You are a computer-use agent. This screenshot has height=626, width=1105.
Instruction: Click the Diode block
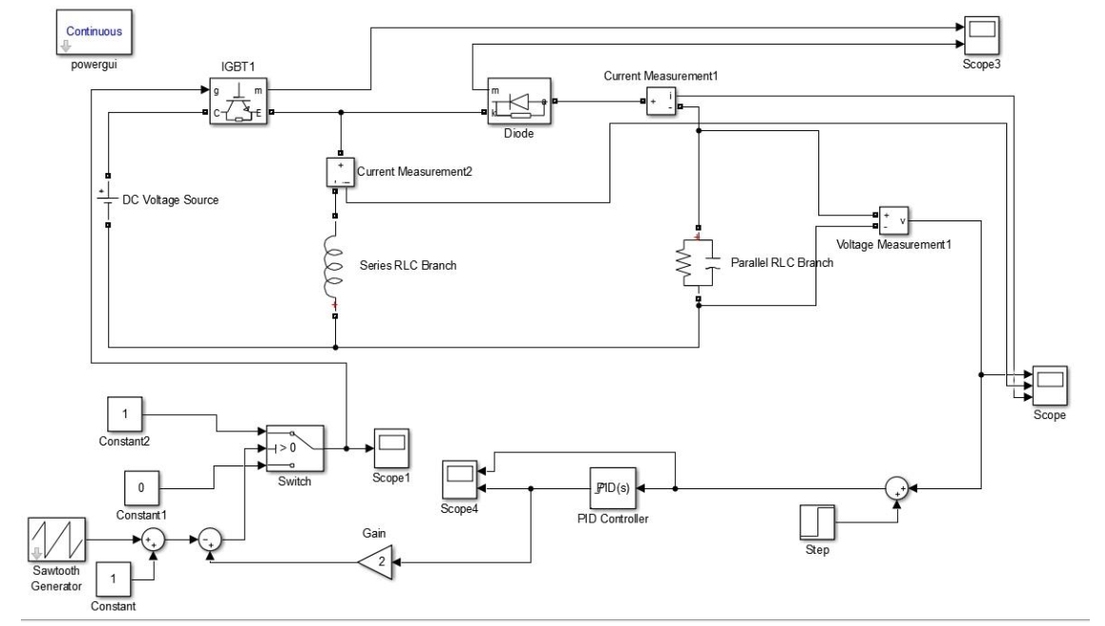(517, 102)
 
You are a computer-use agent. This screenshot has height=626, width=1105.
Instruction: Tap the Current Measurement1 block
(661, 101)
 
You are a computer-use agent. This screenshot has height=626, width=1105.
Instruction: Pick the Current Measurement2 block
(339, 170)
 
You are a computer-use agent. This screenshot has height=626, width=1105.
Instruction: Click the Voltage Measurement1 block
(892, 220)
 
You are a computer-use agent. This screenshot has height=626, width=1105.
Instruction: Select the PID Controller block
(611, 488)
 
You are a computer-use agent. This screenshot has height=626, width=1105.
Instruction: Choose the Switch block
(294, 447)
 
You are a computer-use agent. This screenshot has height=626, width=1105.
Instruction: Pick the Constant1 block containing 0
(141, 488)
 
